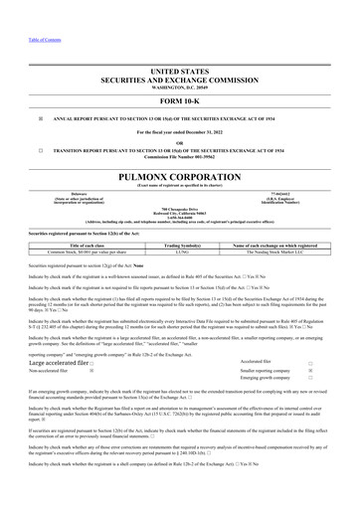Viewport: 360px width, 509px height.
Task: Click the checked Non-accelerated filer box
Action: (92, 370)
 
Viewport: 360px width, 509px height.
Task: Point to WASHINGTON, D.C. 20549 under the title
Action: (179, 86)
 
